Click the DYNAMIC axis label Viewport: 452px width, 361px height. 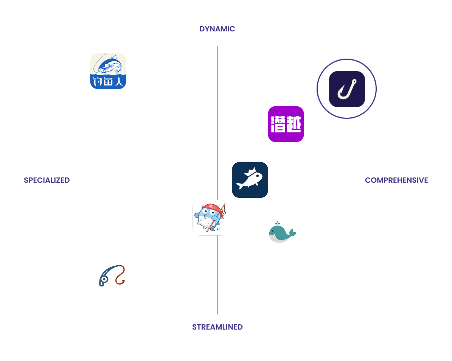click(x=217, y=29)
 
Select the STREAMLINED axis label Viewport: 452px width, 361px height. click(x=217, y=327)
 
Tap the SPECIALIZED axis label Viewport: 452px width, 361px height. click(x=47, y=180)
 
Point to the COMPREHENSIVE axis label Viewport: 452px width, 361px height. click(x=396, y=180)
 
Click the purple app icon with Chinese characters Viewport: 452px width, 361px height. click(x=286, y=124)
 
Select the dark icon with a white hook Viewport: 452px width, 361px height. click(x=347, y=89)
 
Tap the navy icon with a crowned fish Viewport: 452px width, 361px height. click(x=250, y=180)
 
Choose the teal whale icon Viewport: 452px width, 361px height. click(x=283, y=232)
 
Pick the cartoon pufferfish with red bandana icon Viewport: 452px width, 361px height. click(x=210, y=218)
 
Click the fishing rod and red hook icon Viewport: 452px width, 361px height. click(x=112, y=276)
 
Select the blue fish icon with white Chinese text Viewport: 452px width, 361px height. click(x=108, y=71)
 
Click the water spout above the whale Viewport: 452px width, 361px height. click(x=277, y=223)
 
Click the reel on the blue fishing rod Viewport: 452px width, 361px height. click(x=104, y=280)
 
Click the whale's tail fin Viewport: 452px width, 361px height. click(x=292, y=232)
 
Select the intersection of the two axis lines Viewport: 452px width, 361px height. click(x=217, y=180)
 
